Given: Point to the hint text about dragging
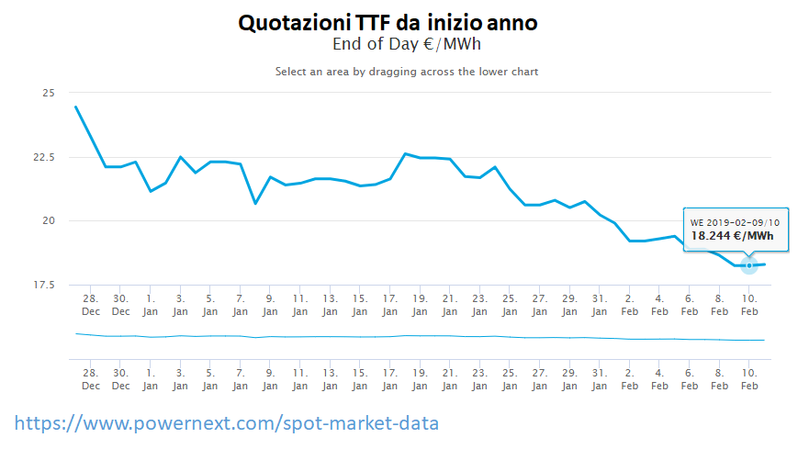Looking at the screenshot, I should pos(407,72).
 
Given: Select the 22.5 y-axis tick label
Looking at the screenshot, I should pos(43,157).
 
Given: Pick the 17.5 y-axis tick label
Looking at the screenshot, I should pos(43,285).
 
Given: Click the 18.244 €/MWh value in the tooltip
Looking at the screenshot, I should pos(732,236).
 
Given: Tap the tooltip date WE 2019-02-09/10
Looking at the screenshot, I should pos(735,223).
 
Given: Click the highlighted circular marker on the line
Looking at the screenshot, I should pos(749,265).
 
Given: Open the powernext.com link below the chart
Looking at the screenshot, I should pos(227,424).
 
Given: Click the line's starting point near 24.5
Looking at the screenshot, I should pos(75,107).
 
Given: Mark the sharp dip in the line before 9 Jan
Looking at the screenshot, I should pos(255,203).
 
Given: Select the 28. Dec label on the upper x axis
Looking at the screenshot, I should pos(91,305).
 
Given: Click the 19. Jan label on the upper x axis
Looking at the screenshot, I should pos(420,305).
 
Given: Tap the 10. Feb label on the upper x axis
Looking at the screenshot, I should pos(749,305).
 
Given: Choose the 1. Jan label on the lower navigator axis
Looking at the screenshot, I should pos(151,379).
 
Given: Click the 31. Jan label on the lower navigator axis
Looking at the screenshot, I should pos(600,379).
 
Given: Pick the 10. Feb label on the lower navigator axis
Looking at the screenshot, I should pos(749,379).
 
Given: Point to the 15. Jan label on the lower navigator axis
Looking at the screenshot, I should pos(360,379).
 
